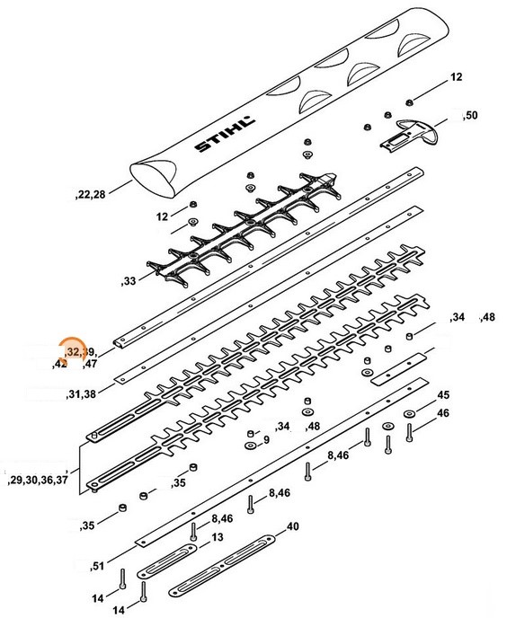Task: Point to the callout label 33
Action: click(128, 282)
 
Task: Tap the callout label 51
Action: click(98, 567)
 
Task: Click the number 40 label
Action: click(292, 527)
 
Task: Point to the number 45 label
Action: click(442, 395)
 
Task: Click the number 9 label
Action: click(266, 441)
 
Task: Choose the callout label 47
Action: click(90, 365)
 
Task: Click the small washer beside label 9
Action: click(249, 444)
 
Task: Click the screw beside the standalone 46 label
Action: click(410, 437)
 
